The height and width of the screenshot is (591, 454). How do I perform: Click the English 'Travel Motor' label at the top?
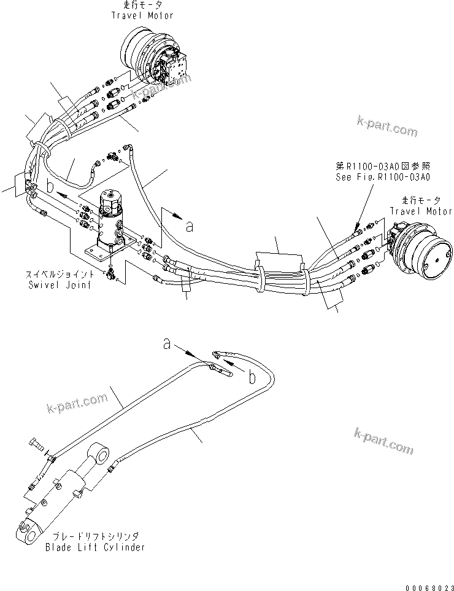pyautogui.click(x=142, y=15)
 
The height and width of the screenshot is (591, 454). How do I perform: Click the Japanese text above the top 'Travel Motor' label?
pyautogui.click(x=142, y=6)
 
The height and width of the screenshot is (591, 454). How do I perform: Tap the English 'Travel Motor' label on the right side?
pyautogui.click(x=421, y=211)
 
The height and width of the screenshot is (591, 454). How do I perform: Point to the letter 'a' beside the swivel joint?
pyautogui.click(x=190, y=227)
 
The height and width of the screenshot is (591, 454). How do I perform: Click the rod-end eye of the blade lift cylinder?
pyautogui.click(x=100, y=455)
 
